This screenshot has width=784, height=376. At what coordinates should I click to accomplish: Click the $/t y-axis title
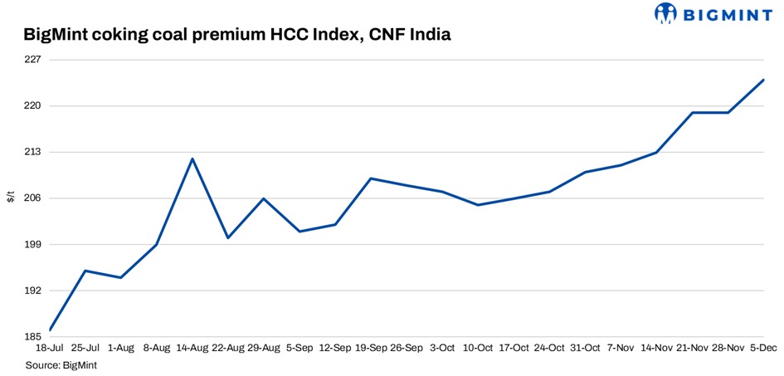point(10,198)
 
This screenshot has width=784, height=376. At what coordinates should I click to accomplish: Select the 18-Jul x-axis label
point(50,349)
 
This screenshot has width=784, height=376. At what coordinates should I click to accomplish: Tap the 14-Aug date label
point(192,349)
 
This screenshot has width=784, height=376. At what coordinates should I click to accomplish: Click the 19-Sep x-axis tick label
point(371,349)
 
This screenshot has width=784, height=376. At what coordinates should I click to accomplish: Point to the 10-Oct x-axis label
point(478,349)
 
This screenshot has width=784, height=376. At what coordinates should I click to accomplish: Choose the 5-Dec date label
point(763,349)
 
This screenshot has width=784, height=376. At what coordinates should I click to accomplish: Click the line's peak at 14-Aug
point(192,159)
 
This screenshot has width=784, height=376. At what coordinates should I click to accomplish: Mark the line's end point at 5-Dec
point(763,80)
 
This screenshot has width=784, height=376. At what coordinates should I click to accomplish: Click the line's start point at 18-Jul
point(50,330)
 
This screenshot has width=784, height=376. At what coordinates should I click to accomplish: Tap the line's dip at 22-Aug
point(228,238)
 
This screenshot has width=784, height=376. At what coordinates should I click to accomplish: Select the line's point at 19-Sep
point(371,178)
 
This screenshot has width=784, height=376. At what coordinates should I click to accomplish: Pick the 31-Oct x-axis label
point(585,349)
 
